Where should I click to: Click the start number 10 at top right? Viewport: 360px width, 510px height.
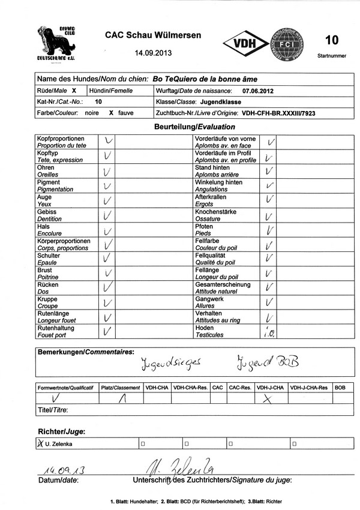[x=331, y=40]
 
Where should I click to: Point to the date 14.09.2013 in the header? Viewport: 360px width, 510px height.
[x=154, y=53]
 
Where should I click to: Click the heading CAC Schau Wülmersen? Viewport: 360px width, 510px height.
[x=153, y=35]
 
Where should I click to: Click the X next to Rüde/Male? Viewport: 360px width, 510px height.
[x=74, y=91]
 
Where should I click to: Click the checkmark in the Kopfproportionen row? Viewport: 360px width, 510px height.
[x=108, y=142]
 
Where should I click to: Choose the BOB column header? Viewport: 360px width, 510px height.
[x=340, y=388]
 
